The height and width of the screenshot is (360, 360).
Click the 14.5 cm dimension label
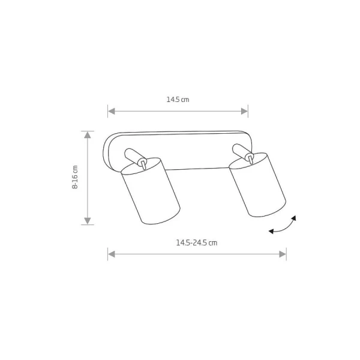(178, 100)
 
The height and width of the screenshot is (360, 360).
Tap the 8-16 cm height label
(75, 177)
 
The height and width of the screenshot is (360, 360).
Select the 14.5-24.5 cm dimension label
(197, 242)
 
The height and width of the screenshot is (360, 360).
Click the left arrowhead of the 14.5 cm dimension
(112, 112)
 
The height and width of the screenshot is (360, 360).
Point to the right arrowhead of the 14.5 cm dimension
(245, 112)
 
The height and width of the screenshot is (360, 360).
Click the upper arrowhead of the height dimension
(88, 135)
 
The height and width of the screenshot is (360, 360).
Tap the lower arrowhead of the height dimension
(88, 221)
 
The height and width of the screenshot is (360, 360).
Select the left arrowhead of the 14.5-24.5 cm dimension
(112, 254)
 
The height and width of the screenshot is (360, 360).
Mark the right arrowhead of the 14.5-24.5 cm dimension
(283, 254)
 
